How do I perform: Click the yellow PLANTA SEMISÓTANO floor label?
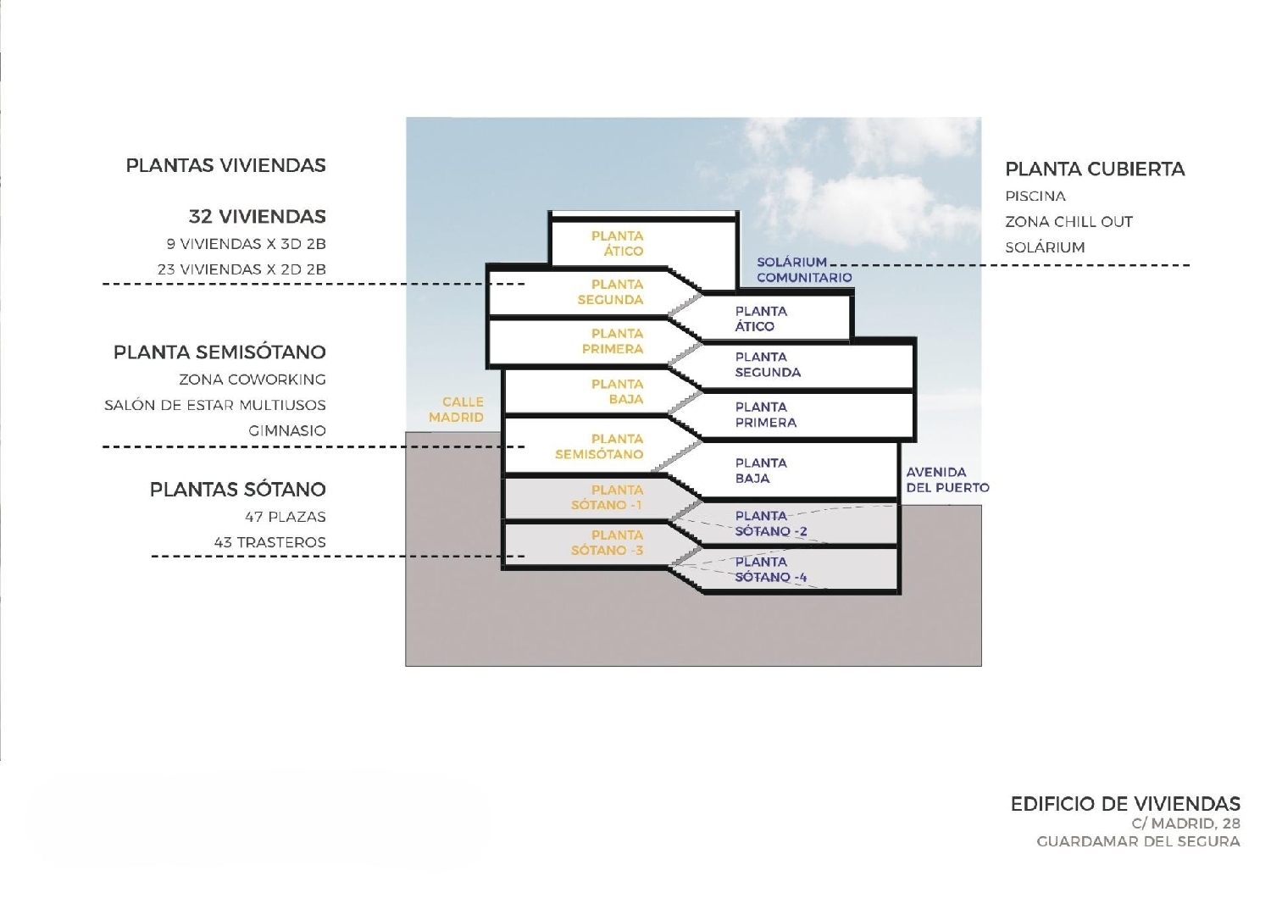coord(599,446)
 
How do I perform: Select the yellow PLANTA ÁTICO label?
coord(617,243)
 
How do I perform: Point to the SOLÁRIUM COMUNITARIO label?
coord(803,269)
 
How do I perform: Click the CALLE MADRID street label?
coord(457,409)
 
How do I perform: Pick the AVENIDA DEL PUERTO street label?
coord(947,479)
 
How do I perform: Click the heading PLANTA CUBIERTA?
coord(1095,169)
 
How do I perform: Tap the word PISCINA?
coord(1035,196)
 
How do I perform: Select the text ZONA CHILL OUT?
coord(1068,222)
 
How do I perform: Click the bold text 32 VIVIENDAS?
coord(257,216)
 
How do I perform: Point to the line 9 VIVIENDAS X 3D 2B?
coord(247,244)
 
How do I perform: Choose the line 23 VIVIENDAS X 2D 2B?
coord(241,269)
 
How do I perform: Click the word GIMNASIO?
coord(287,430)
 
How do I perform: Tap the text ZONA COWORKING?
coord(253,380)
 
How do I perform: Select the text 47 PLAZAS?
coord(286,517)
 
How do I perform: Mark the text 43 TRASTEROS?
coord(270,542)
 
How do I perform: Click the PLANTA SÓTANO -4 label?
coord(770,569)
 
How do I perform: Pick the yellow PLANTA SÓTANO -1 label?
coord(608,497)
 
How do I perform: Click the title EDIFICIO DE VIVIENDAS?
coord(1125,804)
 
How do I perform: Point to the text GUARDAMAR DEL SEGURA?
coord(1138,841)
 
